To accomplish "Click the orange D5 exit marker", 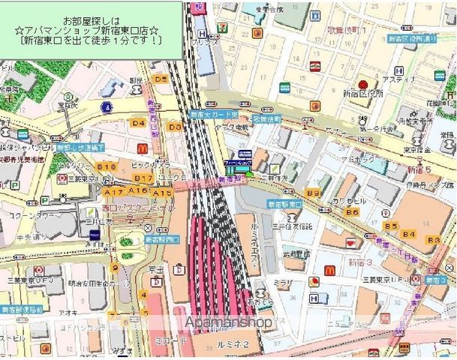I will [159, 78].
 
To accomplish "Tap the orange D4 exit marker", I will [137, 122].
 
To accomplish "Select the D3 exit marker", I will [174, 127].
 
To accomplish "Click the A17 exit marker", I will [115, 192].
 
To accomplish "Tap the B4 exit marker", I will [408, 235].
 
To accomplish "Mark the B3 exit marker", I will [433, 239].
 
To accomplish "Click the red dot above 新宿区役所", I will [362, 83].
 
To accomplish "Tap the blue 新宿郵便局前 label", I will [21, 309].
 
